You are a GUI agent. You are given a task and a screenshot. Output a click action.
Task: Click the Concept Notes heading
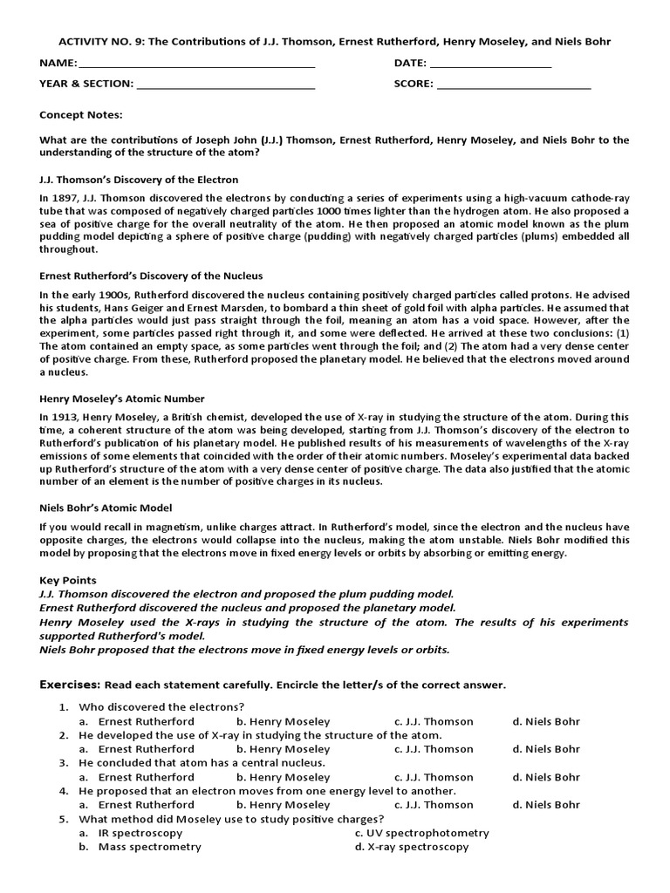coord(81,114)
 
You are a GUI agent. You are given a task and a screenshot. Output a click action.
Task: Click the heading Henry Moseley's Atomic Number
coord(122,399)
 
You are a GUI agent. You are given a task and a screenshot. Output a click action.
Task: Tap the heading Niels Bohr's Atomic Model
coord(106,508)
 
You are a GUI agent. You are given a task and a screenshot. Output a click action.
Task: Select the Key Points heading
coord(68,580)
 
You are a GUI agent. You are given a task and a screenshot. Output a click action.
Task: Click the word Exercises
coord(70,685)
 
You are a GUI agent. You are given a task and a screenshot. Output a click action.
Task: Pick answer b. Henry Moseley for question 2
coord(284,749)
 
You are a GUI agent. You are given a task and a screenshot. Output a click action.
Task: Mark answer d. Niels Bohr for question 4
coord(546,805)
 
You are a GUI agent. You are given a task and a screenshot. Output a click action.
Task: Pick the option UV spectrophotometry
coord(422,833)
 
